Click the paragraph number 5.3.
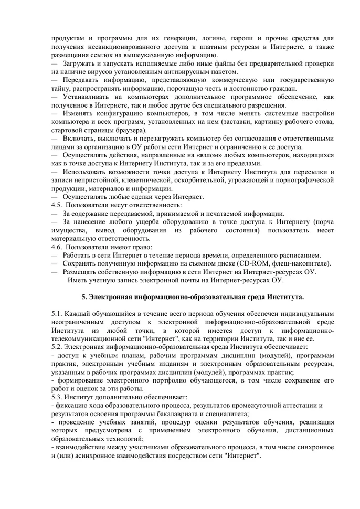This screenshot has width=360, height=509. (57, 397)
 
